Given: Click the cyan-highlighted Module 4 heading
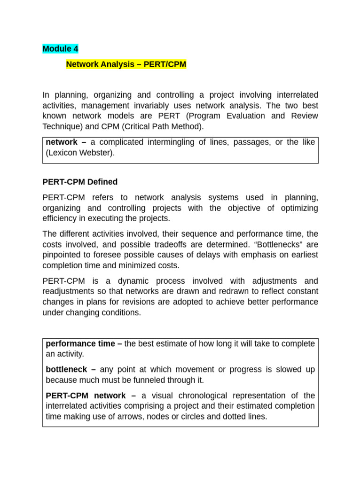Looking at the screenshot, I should click(x=60, y=49).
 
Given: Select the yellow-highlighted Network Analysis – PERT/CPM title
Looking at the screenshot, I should click(x=126, y=64).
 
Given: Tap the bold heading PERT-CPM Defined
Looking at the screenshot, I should click(x=80, y=182).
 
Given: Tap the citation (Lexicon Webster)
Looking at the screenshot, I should click(x=80, y=153).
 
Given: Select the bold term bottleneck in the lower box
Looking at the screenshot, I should click(x=66, y=370).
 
